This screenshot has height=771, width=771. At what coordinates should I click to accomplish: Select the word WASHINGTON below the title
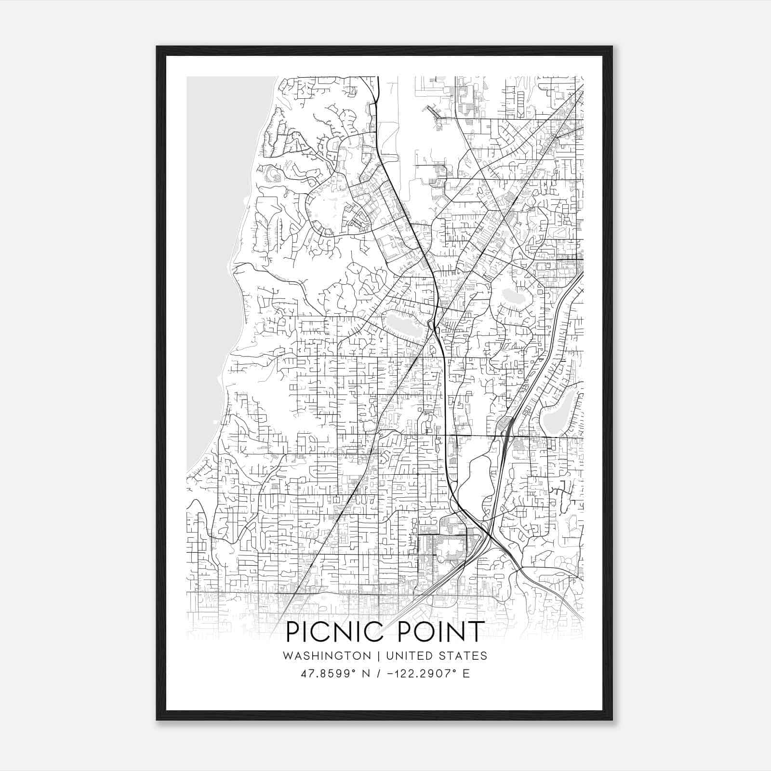[327, 656]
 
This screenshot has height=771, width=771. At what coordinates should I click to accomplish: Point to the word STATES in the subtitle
[464, 656]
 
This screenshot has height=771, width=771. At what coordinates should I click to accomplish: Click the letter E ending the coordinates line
[466, 674]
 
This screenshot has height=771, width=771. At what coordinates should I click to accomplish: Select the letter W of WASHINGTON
[288, 656]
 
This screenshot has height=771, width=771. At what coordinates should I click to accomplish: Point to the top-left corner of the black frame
[157, 47]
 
